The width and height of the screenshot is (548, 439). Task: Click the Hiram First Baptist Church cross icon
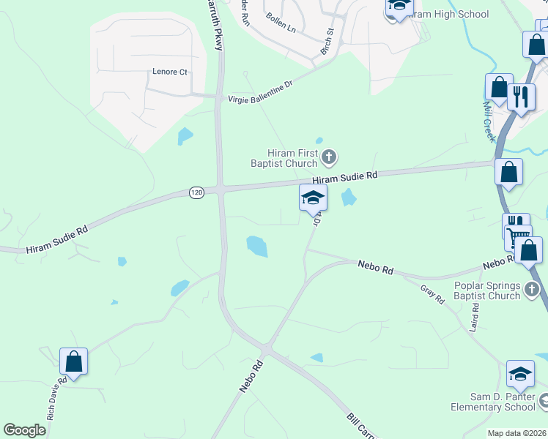(329, 155)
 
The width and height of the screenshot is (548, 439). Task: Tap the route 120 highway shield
(196, 192)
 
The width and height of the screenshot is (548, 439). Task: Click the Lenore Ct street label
(170, 72)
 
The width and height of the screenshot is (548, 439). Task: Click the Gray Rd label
(433, 294)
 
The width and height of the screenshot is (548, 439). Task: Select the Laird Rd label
(475, 318)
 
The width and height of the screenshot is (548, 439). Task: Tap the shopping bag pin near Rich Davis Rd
(73, 360)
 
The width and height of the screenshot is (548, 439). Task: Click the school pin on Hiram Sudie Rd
(313, 197)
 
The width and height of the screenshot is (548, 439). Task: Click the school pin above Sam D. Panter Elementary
(520, 373)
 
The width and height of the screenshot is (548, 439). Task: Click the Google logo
(25, 429)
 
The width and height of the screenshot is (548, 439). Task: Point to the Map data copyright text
(516, 433)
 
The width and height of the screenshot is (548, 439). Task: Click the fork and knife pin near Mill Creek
(520, 96)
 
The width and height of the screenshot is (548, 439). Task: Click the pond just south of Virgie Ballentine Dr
(185, 135)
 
